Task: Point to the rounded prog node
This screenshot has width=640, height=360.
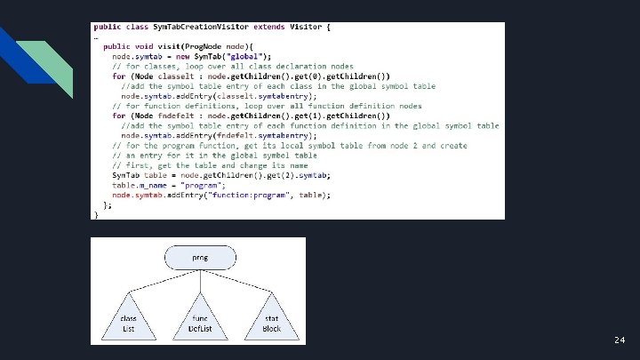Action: point(200,259)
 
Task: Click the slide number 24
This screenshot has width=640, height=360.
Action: point(619,340)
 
